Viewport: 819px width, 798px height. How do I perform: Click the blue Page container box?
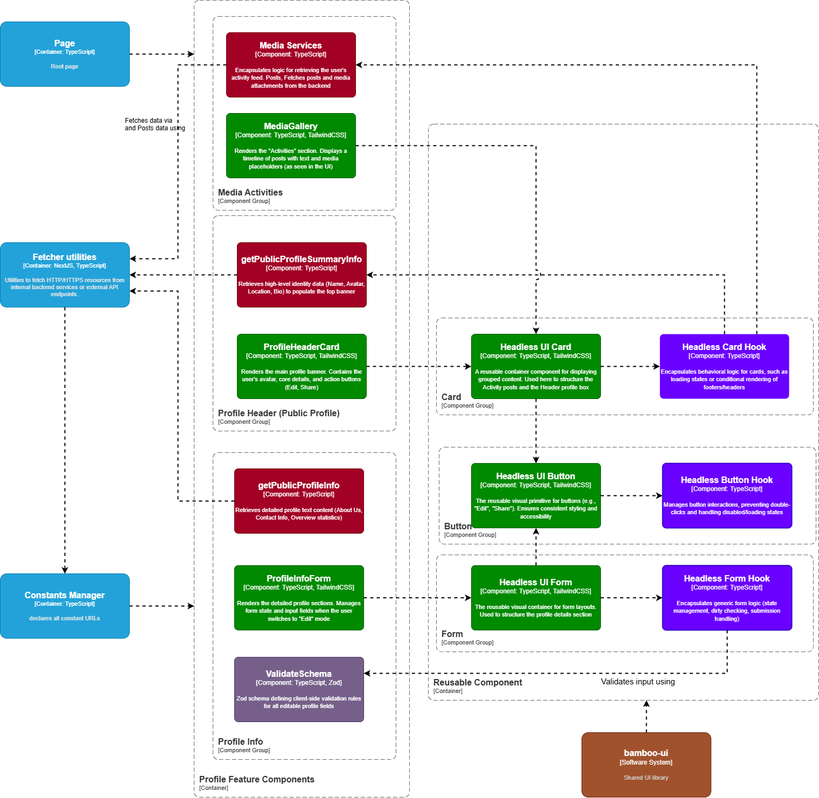click(65, 54)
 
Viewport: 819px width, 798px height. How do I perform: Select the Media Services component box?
click(291, 65)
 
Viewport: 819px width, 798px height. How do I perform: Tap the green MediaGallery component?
click(291, 145)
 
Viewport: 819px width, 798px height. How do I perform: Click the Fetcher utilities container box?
click(65, 275)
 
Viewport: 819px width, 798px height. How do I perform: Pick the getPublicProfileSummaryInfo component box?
click(302, 275)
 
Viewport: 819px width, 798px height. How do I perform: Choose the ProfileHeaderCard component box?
click(302, 366)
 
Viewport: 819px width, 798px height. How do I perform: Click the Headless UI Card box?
click(536, 366)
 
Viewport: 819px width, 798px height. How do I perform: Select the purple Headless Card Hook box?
click(724, 366)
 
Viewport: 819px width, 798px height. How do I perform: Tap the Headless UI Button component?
click(536, 495)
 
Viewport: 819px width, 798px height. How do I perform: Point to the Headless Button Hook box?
click(727, 495)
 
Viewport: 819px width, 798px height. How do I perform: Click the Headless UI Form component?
click(536, 598)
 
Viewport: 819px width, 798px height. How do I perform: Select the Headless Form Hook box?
click(727, 598)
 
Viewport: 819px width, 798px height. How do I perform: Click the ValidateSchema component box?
click(299, 689)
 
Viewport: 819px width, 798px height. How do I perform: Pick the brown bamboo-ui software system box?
click(646, 765)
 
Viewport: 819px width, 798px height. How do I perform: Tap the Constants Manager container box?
click(65, 606)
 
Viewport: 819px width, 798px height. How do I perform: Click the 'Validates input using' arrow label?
click(638, 682)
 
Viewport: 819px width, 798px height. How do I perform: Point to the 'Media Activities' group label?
click(250, 193)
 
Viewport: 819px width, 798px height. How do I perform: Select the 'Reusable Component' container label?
click(478, 683)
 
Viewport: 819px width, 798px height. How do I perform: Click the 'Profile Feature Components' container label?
click(256, 780)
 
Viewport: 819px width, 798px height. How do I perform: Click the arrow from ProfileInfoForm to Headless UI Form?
click(417, 598)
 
